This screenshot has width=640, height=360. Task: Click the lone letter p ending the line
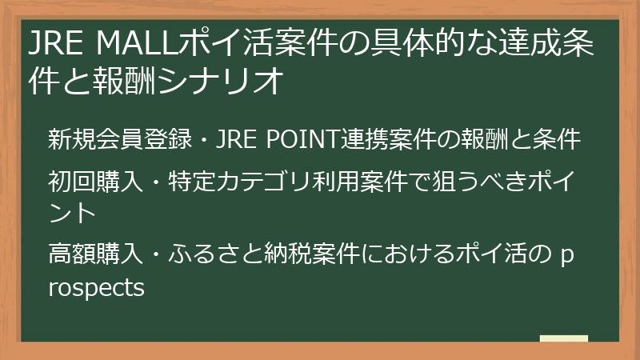pyautogui.click(x=567, y=258)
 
